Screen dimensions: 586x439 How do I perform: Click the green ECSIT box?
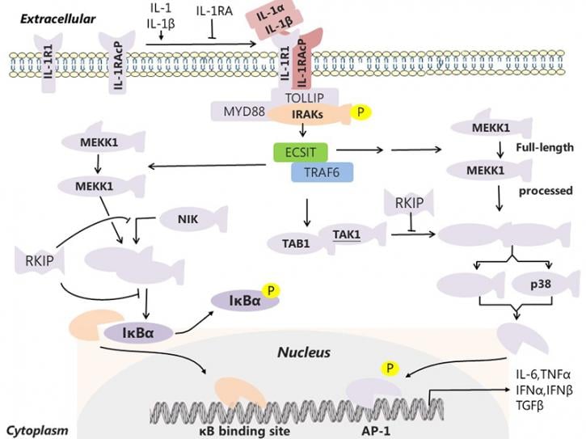301,152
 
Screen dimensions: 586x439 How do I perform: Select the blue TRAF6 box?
322,172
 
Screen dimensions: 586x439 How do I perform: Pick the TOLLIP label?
305,98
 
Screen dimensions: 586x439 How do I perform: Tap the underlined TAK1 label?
347,234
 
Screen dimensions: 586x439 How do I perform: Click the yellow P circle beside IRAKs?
360,112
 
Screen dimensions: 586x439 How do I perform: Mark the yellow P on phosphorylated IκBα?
272,290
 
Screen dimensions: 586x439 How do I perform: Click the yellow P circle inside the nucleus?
390,369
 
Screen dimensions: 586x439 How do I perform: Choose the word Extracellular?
57,19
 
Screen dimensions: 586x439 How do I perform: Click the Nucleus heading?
304,352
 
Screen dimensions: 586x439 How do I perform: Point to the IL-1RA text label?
214,11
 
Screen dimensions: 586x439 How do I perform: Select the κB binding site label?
244,431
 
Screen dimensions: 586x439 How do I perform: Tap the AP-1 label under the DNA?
376,431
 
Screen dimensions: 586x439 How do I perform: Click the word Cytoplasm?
37,431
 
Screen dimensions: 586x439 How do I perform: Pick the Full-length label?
545,147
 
